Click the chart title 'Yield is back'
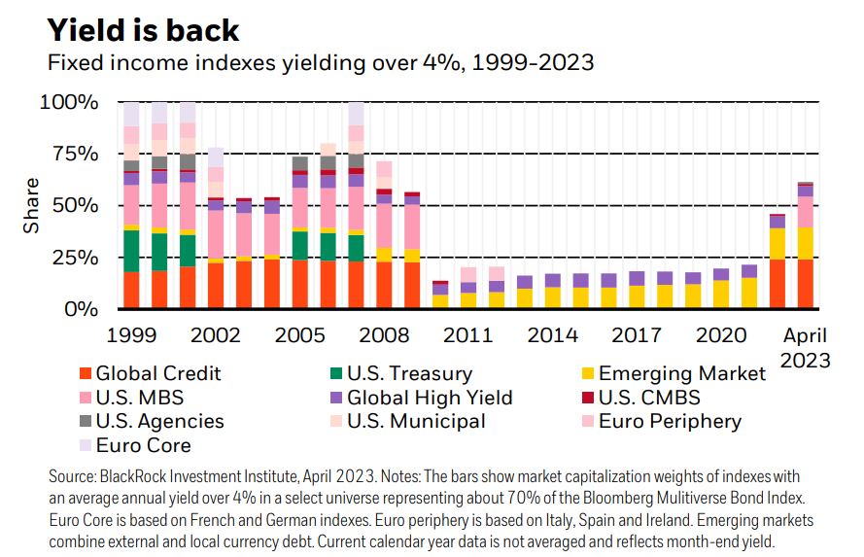point(143,29)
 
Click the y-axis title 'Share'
point(32,205)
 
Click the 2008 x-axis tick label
point(385,335)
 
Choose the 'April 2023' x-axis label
point(806,347)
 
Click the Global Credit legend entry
point(158,373)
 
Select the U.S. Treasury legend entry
point(409,373)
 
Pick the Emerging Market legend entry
point(681,373)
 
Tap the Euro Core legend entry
point(144,446)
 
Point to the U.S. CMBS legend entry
point(649,398)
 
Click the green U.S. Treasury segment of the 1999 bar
point(131,251)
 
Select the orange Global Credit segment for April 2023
point(806,284)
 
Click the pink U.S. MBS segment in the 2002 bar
point(216,234)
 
